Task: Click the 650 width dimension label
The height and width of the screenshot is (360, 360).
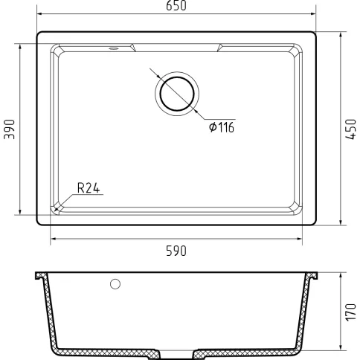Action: click(176, 6)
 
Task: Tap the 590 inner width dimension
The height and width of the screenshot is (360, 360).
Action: click(176, 251)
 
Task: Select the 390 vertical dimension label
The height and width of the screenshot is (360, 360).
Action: click(10, 129)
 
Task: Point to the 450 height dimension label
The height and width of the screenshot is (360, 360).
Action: click(350, 129)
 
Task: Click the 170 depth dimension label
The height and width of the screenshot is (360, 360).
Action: click(350, 312)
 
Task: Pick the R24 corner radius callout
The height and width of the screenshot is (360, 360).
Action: click(89, 188)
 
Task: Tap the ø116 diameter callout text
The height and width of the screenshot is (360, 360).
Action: click(222, 127)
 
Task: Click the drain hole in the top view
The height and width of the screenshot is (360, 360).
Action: click(177, 94)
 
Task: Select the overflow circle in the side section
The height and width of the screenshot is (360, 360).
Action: click(115, 284)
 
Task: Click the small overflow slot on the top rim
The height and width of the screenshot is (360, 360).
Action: click(114, 48)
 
